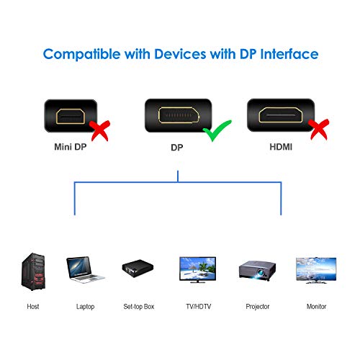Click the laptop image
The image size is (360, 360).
[85, 273]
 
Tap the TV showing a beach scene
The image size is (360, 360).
[198, 271]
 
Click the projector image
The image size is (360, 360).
[257, 272]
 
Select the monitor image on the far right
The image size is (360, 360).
[316, 271]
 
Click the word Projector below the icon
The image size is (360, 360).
[257, 307]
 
